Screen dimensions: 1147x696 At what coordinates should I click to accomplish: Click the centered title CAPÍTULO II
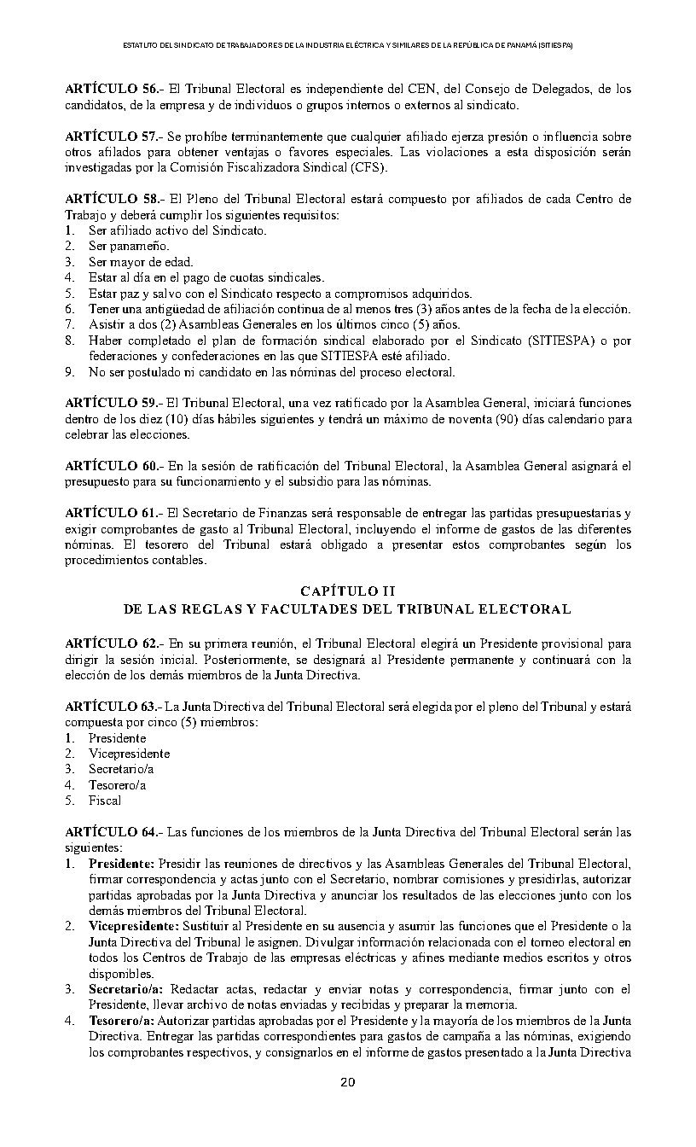pyautogui.click(x=347, y=591)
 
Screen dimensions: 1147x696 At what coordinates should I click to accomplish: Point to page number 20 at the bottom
pyautogui.click(x=347, y=1083)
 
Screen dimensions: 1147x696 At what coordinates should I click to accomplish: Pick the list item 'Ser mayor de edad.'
pyautogui.click(x=129, y=262)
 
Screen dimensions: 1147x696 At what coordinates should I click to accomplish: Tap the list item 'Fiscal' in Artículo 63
pyautogui.click(x=105, y=801)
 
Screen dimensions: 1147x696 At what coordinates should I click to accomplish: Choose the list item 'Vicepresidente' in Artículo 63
pyautogui.click(x=129, y=754)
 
